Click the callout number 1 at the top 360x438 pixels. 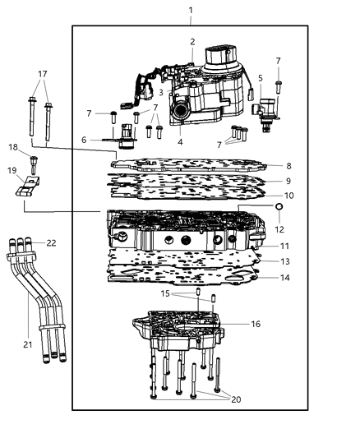(x=191, y=11)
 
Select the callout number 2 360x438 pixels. (x=192, y=42)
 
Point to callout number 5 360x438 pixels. (x=261, y=79)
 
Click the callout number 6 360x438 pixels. (x=85, y=141)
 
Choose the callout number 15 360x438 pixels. (x=165, y=293)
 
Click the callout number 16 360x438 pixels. (x=256, y=325)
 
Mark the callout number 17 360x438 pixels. (x=42, y=75)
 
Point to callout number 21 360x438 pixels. (x=28, y=344)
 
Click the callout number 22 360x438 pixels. (x=51, y=243)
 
